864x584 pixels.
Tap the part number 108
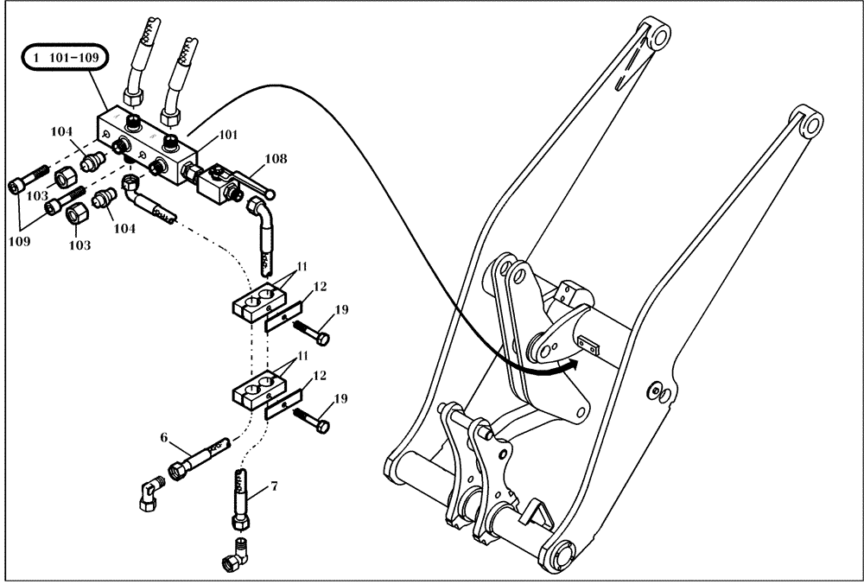click(x=276, y=159)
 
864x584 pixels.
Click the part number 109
click(x=19, y=241)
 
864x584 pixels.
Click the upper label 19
click(x=343, y=311)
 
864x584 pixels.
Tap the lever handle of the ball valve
click(x=254, y=182)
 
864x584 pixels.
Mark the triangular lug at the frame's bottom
click(x=538, y=517)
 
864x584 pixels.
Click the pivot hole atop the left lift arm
click(x=659, y=36)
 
